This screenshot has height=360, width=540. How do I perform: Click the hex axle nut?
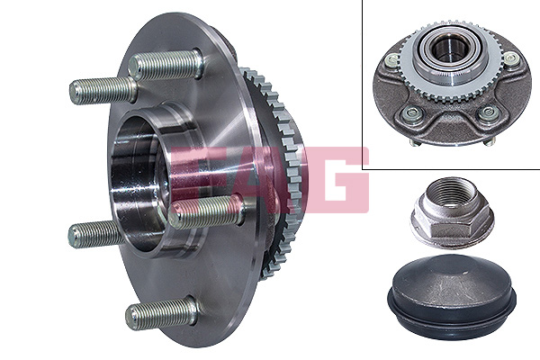(x=452, y=213)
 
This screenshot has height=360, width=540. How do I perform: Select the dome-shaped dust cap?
(x=452, y=295)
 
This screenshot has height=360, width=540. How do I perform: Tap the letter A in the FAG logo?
(x=262, y=179)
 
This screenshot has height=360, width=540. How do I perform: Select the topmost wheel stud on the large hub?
(x=166, y=66)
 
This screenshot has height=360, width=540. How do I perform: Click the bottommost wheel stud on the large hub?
(x=161, y=312)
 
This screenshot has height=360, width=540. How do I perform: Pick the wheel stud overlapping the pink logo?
(x=207, y=211)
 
